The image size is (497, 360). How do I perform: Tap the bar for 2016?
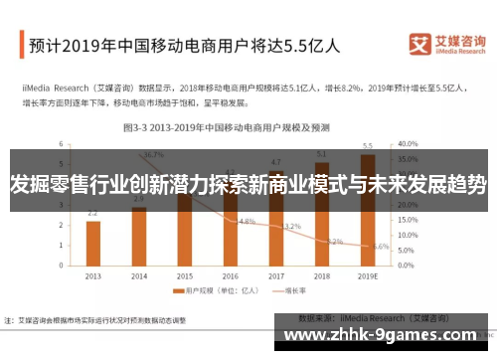[x=230, y=229]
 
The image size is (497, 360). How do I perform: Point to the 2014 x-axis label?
[x=138, y=275]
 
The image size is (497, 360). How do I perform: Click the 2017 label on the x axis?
[x=275, y=275]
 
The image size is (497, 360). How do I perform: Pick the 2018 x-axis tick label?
[x=321, y=275]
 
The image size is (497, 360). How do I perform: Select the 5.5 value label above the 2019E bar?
[x=368, y=145]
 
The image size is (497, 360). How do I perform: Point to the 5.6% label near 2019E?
[x=381, y=246]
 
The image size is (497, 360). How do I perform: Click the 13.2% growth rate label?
[x=292, y=227]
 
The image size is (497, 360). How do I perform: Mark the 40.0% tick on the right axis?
[x=407, y=143]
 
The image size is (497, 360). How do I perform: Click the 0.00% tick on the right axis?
[x=407, y=267]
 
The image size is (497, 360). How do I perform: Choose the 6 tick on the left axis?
[x=62, y=143]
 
